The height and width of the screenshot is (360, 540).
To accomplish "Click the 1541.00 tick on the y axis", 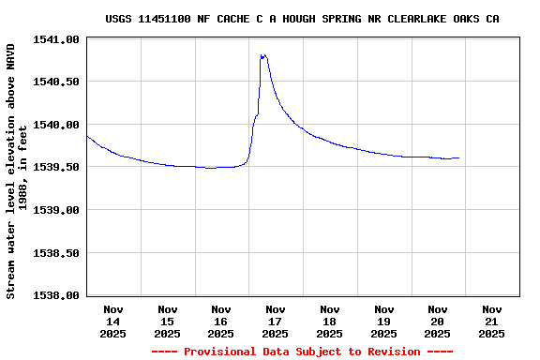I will point(57,39).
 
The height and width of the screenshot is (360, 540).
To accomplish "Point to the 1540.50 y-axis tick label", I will point(57,82).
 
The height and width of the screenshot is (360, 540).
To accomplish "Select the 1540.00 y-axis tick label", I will point(57,125).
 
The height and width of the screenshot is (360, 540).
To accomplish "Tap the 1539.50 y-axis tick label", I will point(57,167).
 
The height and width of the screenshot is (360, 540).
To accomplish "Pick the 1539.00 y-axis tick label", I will point(57,210).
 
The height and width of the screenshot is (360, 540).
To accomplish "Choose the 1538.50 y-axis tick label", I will point(57,253).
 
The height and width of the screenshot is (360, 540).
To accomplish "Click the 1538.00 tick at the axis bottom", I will point(57,295).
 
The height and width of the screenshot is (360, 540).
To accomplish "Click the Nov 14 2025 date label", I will point(113,321).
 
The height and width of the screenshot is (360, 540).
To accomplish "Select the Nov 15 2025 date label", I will point(167,321).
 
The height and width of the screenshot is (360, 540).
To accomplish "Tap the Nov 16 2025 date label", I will point(221,321).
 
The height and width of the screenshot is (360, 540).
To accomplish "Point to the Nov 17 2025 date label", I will point(276,321).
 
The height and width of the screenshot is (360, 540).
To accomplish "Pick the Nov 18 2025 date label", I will point(329,321).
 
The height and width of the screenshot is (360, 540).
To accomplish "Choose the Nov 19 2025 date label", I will point(383,321).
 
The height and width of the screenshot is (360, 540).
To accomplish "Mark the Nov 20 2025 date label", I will point(438,321).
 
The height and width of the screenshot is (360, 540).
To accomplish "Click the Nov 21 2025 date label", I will point(491,321).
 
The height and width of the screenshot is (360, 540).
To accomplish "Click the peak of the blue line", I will point(262,55).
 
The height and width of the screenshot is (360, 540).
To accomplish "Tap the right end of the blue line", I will point(459,157).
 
